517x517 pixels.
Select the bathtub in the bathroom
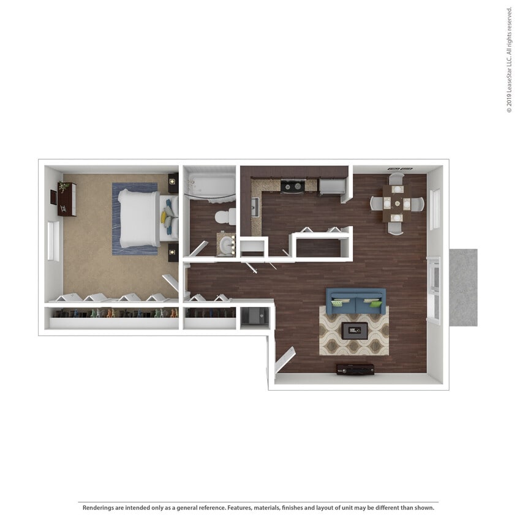click(x=209, y=186)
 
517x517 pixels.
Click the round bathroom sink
click(x=227, y=246)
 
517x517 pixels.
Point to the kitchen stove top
click(x=292, y=186)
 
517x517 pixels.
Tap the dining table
click(x=397, y=203)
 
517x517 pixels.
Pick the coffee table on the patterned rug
click(x=355, y=331)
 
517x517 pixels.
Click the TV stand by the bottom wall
click(x=355, y=369)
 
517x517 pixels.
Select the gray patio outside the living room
click(x=462, y=287)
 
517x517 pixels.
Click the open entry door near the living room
click(x=285, y=360)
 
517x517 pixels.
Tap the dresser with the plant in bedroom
click(x=67, y=199)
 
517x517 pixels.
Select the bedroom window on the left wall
click(x=53, y=241)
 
